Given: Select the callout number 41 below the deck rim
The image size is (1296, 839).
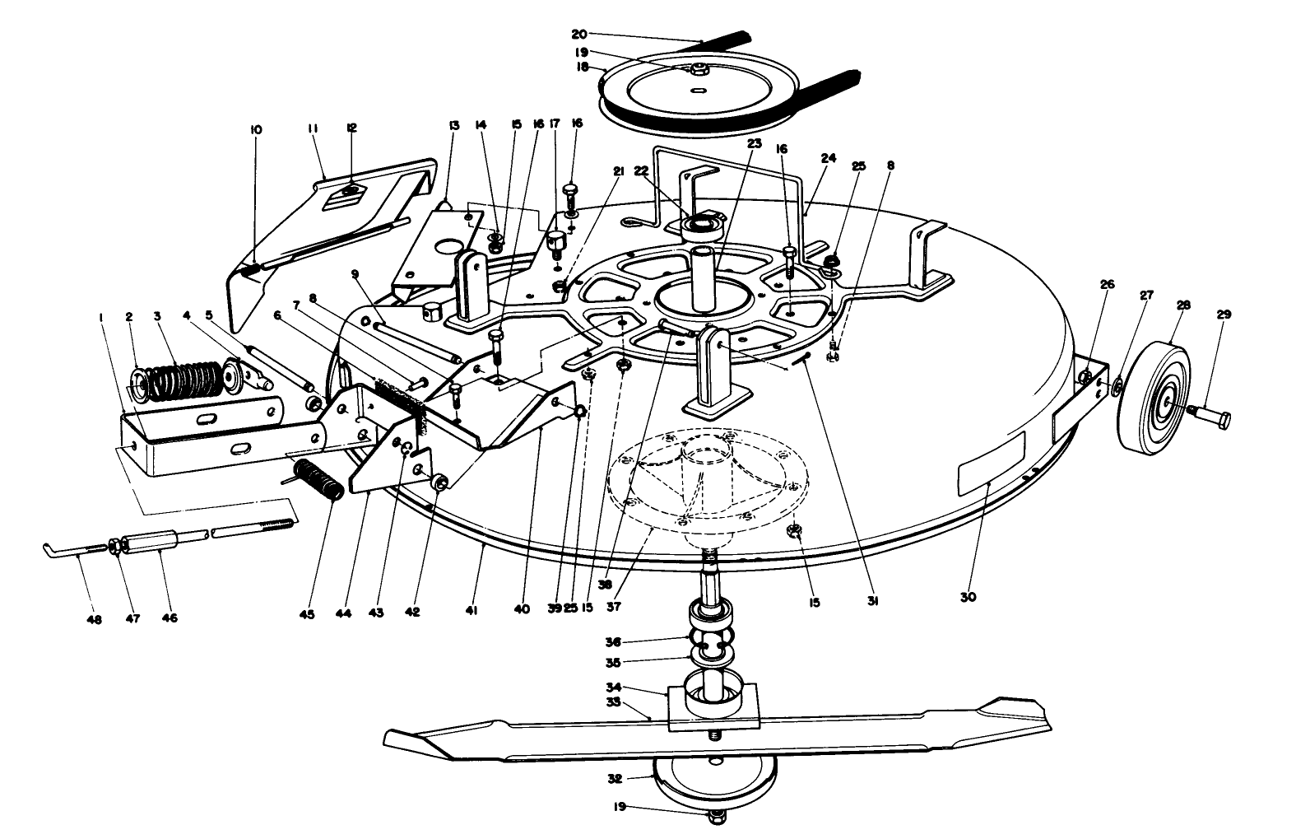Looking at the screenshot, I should [471, 611].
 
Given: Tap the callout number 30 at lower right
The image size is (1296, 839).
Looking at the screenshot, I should [969, 597].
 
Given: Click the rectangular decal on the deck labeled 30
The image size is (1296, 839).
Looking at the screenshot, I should [992, 465].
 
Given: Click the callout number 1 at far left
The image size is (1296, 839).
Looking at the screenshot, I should [100, 317].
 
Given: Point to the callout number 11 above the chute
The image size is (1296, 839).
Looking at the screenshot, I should [313, 128].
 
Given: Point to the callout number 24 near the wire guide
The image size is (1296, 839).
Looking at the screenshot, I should [828, 157].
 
